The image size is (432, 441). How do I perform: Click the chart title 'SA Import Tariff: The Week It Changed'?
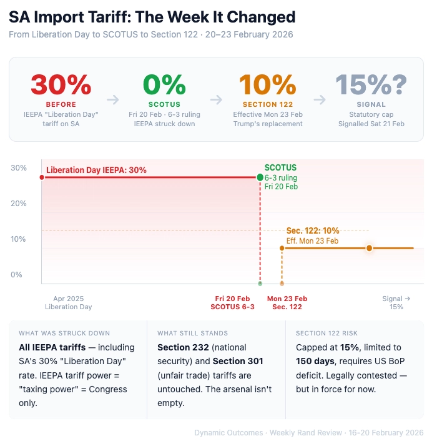(x=152, y=17)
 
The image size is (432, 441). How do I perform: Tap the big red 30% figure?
(x=61, y=85)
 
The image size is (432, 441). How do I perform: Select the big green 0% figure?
(x=164, y=85)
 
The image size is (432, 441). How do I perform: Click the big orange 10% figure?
(x=267, y=85)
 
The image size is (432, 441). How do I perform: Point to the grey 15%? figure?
(x=371, y=85)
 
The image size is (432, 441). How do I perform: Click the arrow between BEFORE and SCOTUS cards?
(x=112, y=99)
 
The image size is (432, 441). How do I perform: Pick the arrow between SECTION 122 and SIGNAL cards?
(x=319, y=99)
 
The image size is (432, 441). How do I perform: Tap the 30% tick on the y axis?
(x=18, y=167)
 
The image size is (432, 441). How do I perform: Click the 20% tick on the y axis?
(x=18, y=203)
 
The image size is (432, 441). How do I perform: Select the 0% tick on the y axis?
(x=16, y=274)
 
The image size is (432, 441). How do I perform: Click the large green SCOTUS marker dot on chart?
(x=260, y=177)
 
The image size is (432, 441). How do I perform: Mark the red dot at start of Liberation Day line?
(x=42, y=177)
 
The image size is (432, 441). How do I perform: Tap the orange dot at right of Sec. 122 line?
(x=369, y=248)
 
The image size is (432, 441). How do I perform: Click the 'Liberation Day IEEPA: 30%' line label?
(x=96, y=170)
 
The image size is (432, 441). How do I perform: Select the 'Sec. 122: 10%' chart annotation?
(x=313, y=230)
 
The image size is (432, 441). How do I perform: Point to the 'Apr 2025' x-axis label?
(x=68, y=299)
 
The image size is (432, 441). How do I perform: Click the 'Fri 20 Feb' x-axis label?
(x=232, y=299)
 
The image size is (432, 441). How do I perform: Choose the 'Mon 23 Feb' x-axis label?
(x=287, y=299)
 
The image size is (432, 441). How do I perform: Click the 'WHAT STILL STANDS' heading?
(x=192, y=333)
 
